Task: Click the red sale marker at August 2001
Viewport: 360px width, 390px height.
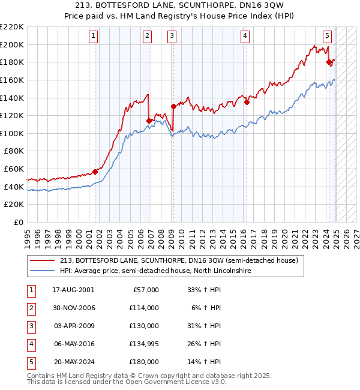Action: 95,172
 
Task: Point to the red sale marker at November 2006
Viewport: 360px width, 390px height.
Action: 149,121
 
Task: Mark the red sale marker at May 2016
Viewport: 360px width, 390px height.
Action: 247,102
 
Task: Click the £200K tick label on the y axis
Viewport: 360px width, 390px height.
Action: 12,44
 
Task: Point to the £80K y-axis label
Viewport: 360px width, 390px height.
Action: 14,151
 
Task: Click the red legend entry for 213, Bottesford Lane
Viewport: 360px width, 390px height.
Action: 174,260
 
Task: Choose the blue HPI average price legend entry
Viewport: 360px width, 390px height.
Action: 155,271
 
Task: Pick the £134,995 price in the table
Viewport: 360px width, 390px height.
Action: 144,344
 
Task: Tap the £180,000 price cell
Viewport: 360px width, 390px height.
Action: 144,362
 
